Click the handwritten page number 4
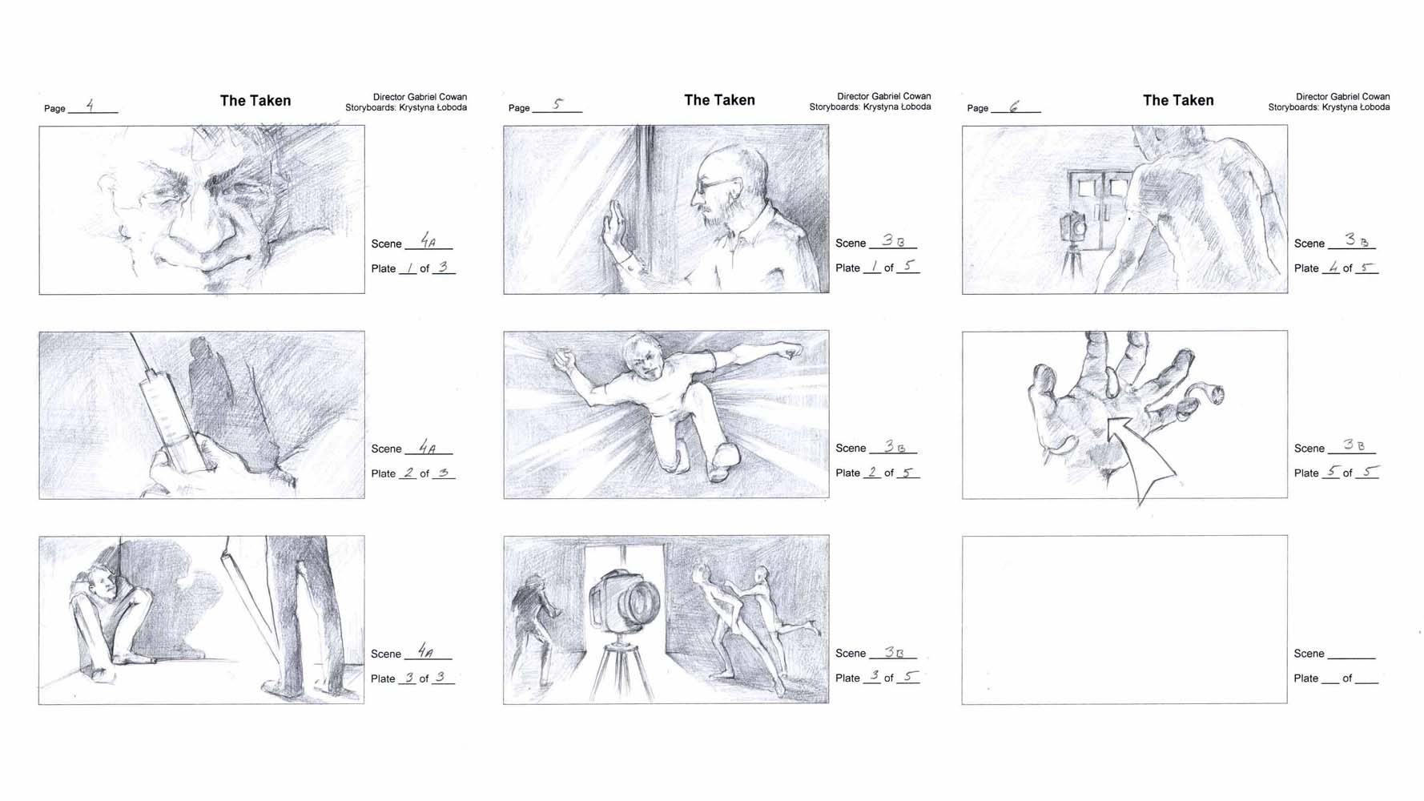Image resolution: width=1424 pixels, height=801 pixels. point(91,105)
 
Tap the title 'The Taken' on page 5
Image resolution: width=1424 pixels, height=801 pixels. point(719,100)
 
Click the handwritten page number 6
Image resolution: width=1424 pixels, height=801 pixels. point(1014,107)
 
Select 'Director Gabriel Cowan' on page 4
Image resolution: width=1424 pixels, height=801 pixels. point(420,97)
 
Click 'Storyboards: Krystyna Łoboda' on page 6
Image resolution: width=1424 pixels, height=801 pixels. point(1329,107)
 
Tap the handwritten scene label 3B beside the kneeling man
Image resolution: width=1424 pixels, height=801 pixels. point(894,446)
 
